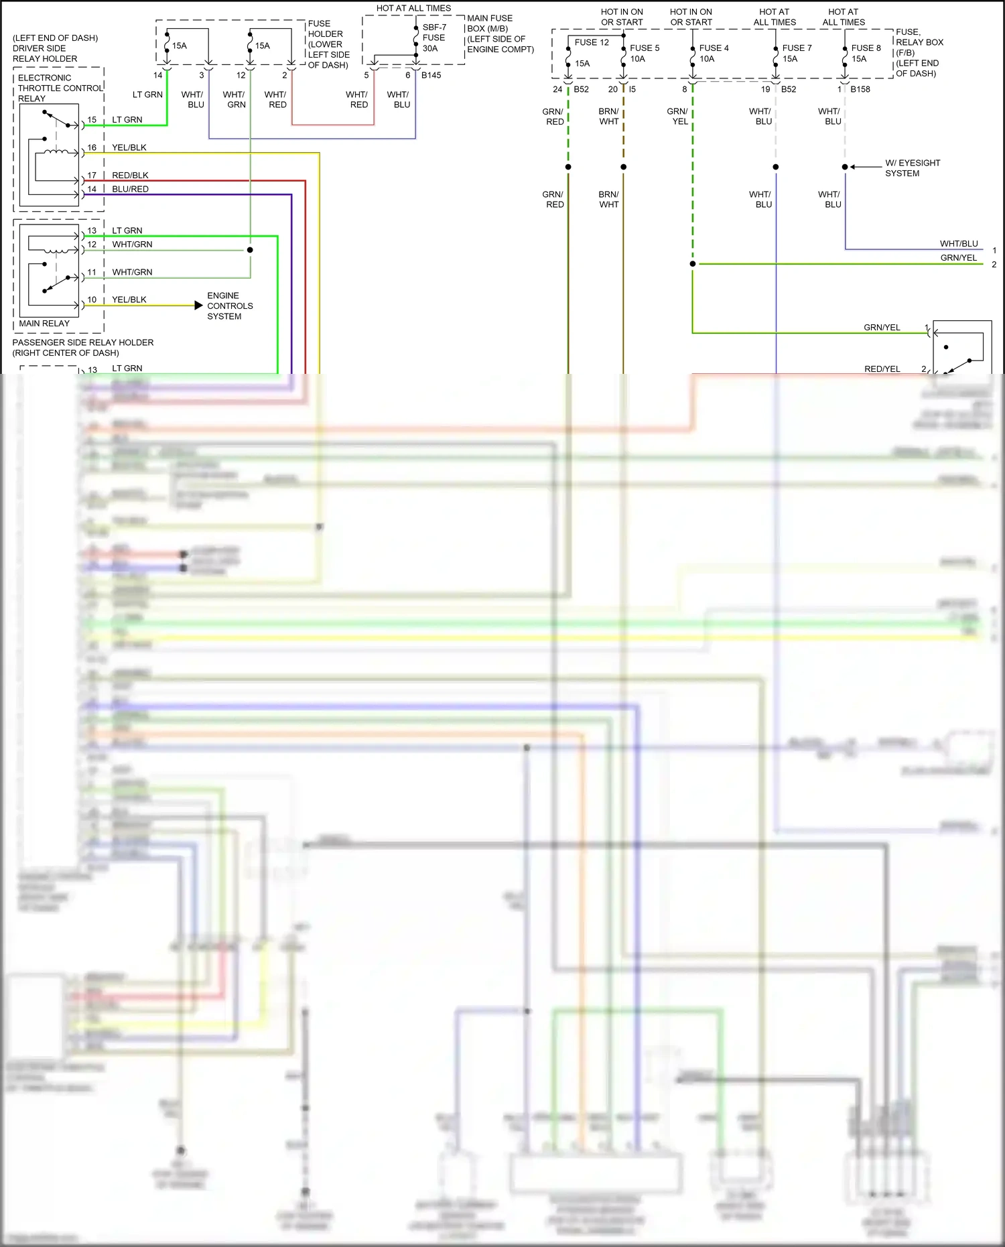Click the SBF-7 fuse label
(433, 27)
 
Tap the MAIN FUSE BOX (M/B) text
(490, 23)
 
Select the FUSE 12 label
(592, 42)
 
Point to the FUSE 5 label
(645, 48)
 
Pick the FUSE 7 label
(797, 48)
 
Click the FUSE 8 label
(866, 48)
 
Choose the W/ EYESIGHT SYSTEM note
(912, 168)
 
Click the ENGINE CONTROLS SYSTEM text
(229, 306)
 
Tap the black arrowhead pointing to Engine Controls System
(198, 306)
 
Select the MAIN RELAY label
(44, 324)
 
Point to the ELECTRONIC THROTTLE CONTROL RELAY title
(60, 88)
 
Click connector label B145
(431, 75)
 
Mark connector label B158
(860, 89)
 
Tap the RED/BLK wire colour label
(130, 176)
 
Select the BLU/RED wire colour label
(130, 190)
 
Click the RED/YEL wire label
(882, 369)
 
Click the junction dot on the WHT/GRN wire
(250, 250)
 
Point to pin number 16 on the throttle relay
(92, 147)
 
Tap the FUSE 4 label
(714, 48)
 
